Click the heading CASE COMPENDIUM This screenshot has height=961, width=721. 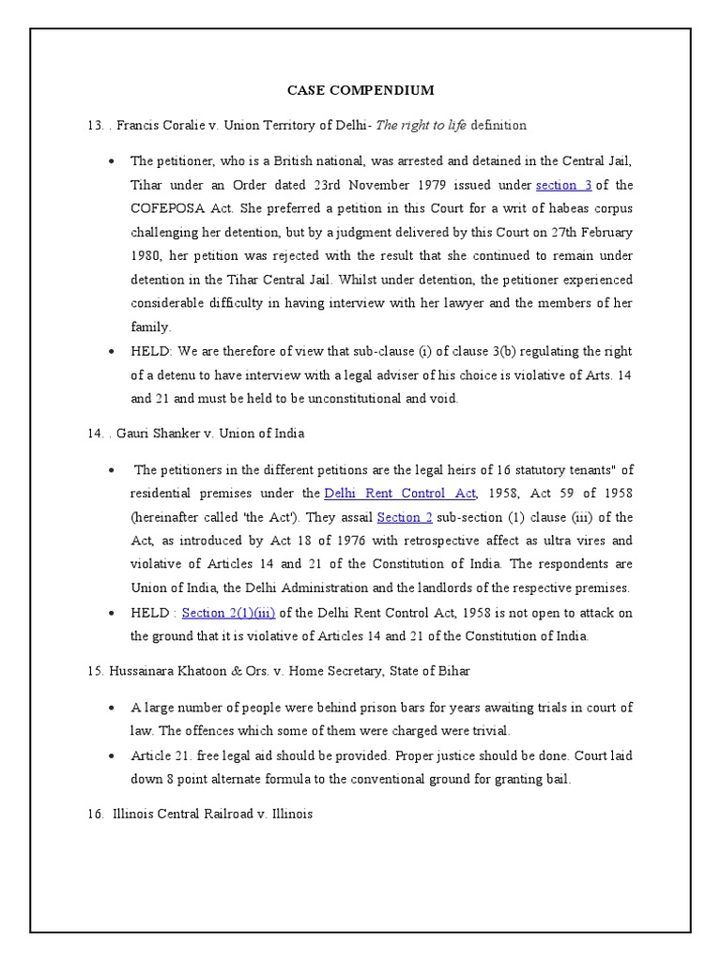360,91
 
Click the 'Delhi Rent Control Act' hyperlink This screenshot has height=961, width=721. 401,493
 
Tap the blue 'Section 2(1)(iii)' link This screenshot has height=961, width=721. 228,612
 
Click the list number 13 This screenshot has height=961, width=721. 93,125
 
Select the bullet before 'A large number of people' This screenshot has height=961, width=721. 112,708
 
